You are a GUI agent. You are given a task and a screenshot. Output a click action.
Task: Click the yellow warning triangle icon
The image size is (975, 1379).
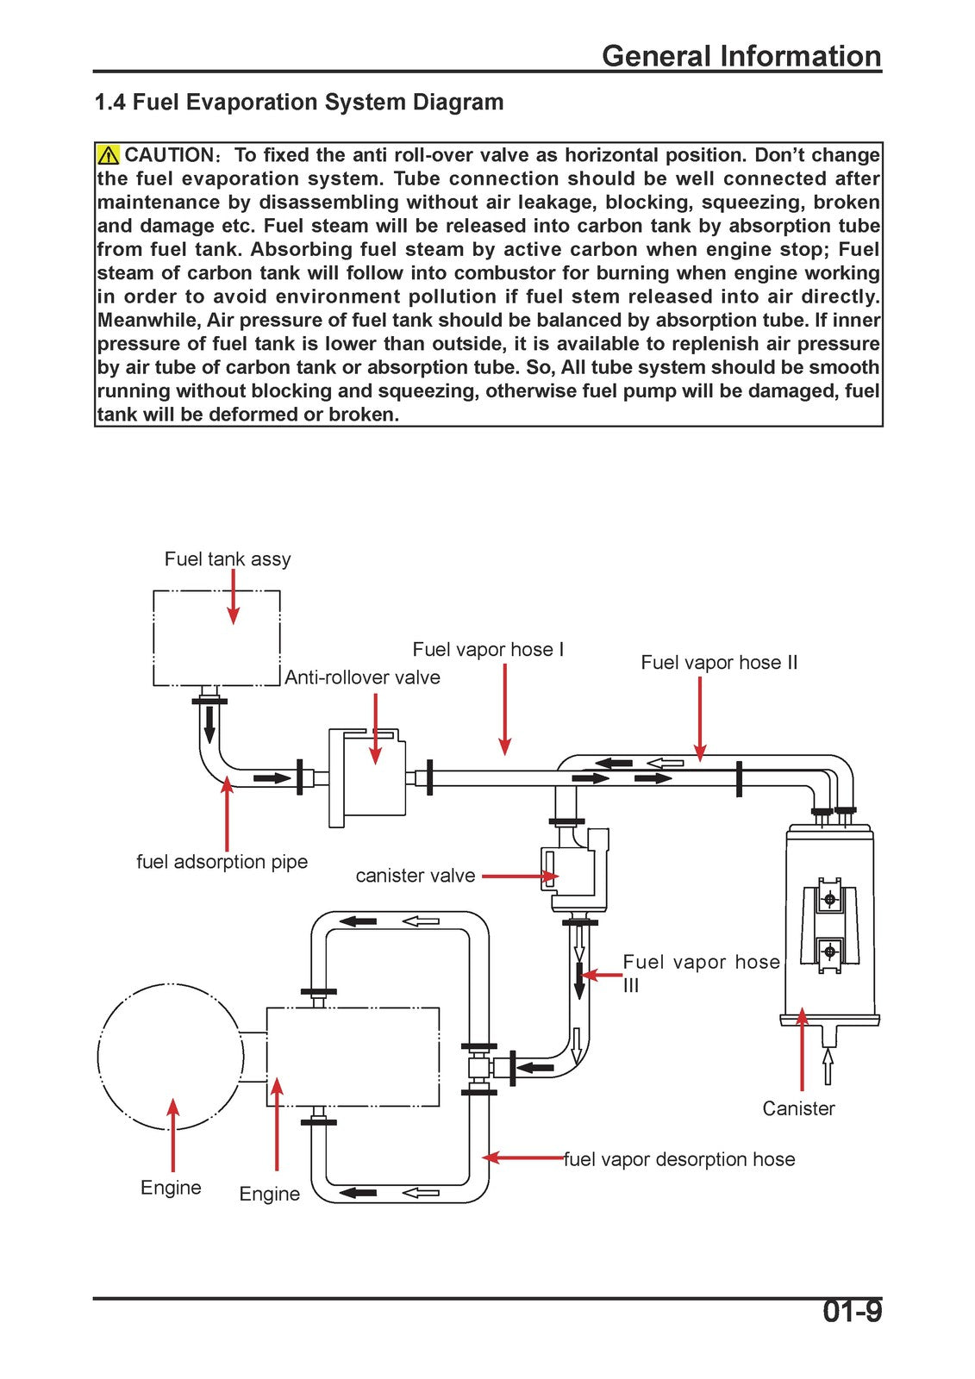[x=109, y=154]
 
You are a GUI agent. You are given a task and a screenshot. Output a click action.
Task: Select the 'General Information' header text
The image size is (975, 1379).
[x=741, y=56]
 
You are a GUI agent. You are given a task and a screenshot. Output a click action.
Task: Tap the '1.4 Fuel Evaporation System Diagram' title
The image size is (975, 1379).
[x=299, y=102]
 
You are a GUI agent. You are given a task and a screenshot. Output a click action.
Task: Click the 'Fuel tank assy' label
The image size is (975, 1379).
[x=228, y=559]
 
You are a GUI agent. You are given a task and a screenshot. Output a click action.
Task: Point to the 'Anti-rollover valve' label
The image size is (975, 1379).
[x=362, y=677]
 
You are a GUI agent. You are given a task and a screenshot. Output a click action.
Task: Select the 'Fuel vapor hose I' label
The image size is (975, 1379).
[x=488, y=650]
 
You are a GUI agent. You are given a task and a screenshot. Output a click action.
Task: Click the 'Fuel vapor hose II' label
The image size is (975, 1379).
[x=719, y=663]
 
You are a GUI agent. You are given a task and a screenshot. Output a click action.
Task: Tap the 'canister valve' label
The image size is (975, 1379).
[x=416, y=876]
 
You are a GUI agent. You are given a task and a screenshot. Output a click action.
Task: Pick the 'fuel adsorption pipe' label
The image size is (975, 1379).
[x=222, y=862]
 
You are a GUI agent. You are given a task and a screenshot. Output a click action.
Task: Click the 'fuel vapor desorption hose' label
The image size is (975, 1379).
[x=679, y=1159]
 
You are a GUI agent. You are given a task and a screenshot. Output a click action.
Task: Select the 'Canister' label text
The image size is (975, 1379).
[x=798, y=1108]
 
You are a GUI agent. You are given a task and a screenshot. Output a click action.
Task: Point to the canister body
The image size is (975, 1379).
[x=828, y=923]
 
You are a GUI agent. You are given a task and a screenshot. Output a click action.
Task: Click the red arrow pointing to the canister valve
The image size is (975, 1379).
[x=520, y=876]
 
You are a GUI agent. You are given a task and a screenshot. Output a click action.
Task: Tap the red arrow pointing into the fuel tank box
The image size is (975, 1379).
[x=233, y=596]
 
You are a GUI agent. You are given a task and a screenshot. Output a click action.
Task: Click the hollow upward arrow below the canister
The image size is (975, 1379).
[x=828, y=1065]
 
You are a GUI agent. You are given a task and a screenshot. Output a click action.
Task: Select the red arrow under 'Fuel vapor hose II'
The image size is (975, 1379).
[x=700, y=719]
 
